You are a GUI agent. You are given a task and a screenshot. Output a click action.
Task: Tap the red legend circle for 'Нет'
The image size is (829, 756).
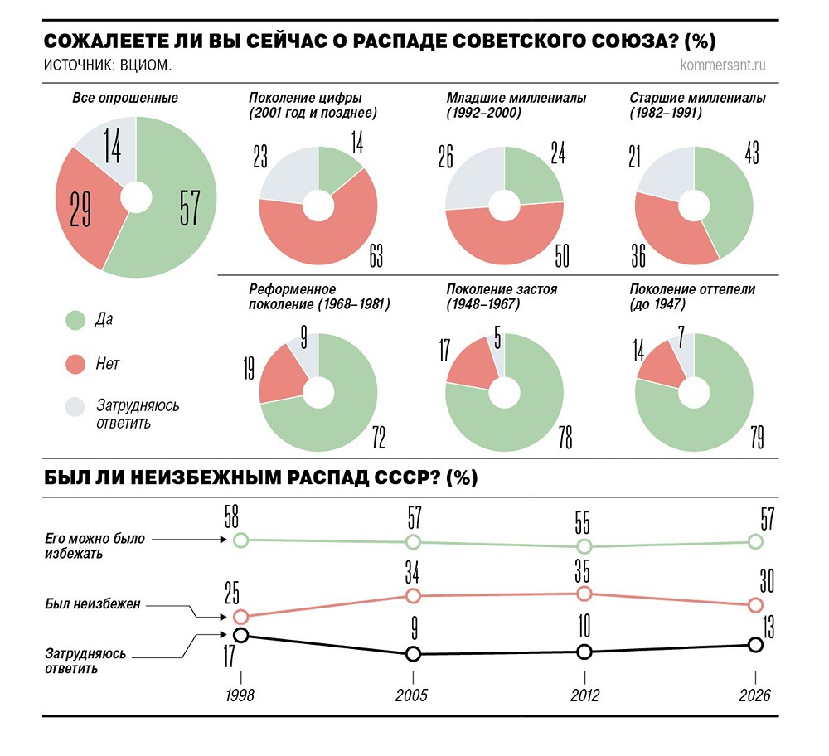point(75,364)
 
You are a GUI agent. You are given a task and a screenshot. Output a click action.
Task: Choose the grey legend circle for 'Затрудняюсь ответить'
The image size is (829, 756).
point(75,406)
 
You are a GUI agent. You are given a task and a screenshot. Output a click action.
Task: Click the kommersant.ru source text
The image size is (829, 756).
point(722,65)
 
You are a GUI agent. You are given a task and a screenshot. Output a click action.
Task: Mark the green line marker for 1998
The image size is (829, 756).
point(240,540)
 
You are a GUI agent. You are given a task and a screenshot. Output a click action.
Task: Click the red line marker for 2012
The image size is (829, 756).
point(584,594)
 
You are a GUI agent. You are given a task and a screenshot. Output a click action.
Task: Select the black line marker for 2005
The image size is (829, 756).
point(413,654)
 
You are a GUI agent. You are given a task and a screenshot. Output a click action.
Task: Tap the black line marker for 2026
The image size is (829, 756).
point(755,645)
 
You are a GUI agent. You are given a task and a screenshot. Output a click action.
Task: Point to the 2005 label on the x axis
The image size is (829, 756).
point(412,695)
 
